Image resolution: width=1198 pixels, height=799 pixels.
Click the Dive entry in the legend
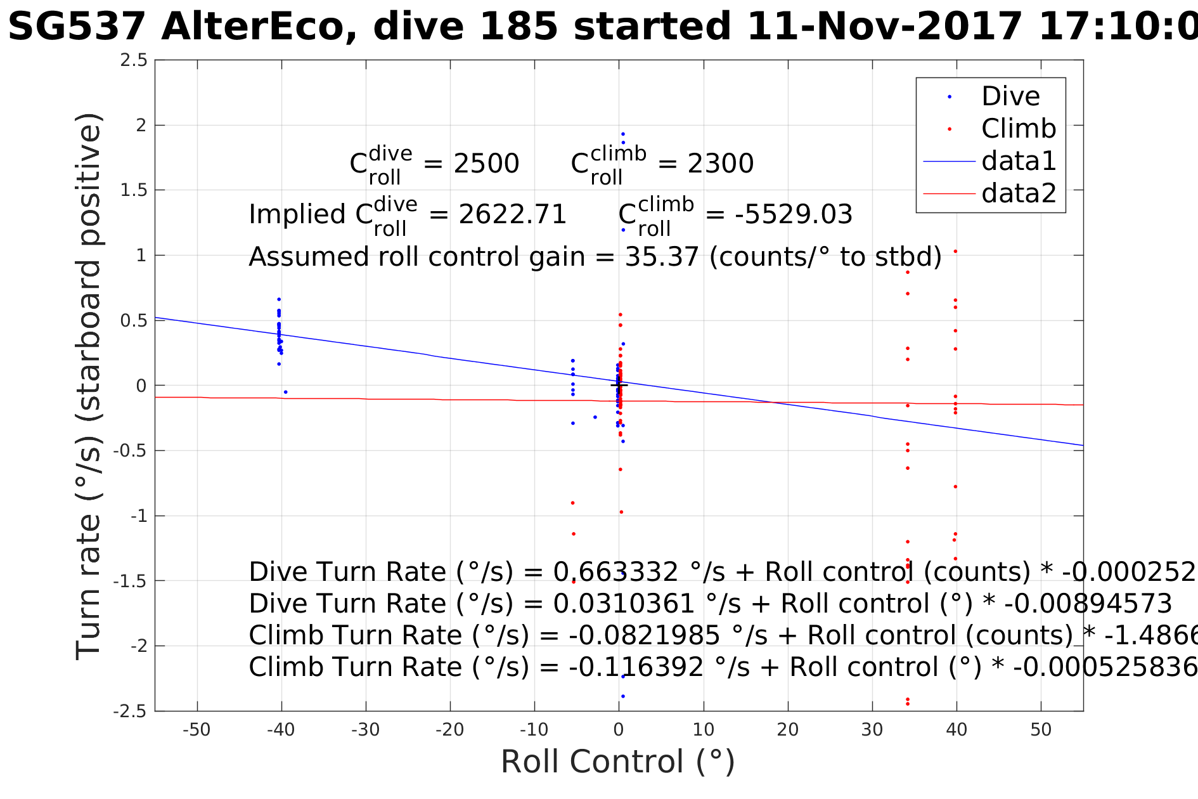[x=1010, y=96]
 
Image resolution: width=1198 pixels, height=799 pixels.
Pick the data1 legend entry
[x=1019, y=161]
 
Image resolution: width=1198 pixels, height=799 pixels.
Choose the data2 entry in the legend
[x=1019, y=193]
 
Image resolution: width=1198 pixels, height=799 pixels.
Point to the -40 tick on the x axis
[x=281, y=731]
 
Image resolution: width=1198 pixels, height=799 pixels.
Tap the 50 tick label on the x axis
[x=1041, y=731]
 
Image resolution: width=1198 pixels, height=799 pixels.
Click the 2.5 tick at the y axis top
[x=134, y=60]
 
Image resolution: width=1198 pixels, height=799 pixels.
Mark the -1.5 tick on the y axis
[x=130, y=581]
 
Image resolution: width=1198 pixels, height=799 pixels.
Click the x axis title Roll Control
[x=618, y=762]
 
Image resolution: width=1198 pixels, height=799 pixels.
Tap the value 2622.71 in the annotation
[x=512, y=215]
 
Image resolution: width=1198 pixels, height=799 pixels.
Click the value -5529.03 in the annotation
[x=794, y=215]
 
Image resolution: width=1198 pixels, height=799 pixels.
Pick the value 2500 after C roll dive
[x=486, y=164]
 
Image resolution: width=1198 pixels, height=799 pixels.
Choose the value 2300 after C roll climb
[x=721, y=164]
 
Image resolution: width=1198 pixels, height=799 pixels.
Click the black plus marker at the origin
[x=619, y=385]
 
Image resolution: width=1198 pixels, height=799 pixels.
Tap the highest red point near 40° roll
[x=955, y=251]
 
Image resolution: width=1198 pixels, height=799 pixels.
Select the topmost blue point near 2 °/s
[x=623, y=134]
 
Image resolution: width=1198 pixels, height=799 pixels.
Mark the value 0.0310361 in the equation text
[x=624, y=604]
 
